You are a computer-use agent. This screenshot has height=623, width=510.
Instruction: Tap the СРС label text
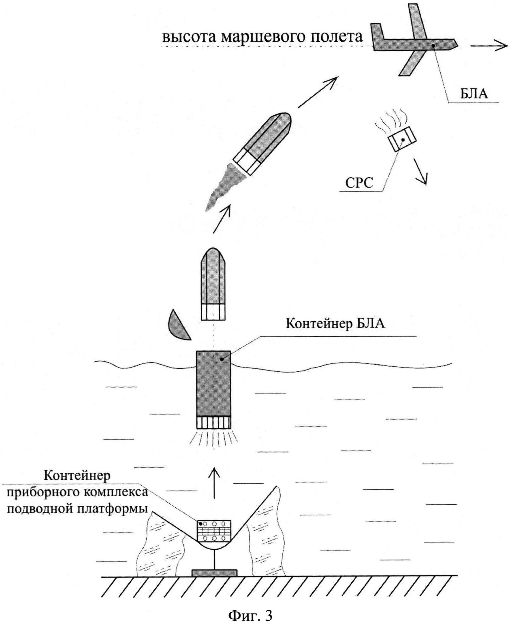[359, 183]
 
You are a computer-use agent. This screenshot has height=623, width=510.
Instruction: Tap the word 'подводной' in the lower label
[40, 509]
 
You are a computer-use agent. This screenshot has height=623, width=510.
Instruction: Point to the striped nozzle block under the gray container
[213, 423]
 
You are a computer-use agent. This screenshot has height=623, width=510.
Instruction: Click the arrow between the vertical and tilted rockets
[222, 219]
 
